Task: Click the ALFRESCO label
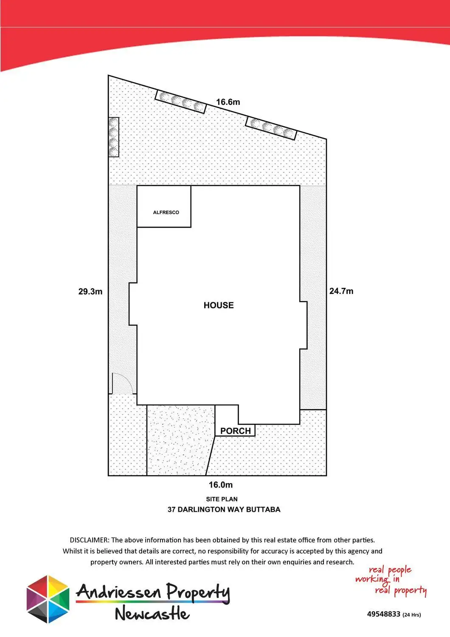click(x=166, y=212)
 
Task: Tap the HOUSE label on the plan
click(x=219, y=305)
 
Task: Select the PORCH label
click(x=235, y=431)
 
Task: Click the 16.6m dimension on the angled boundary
click(x=228, y=102)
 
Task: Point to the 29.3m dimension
click(x=90, y=292)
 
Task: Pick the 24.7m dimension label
click(x=341, y=291)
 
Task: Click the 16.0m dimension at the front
click(x=221, y=485)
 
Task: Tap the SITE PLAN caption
click(x=222, y=499)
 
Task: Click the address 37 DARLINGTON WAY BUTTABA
click(x=224, y=510)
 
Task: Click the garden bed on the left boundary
click(x=113, y=137)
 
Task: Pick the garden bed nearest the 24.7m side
click(x=271, y=128)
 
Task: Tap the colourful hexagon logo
click(x=48, y=599)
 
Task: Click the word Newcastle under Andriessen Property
click(x=152, y=614)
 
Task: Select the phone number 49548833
click(x=384, y=614)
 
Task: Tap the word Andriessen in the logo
click(x=119, y=592)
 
